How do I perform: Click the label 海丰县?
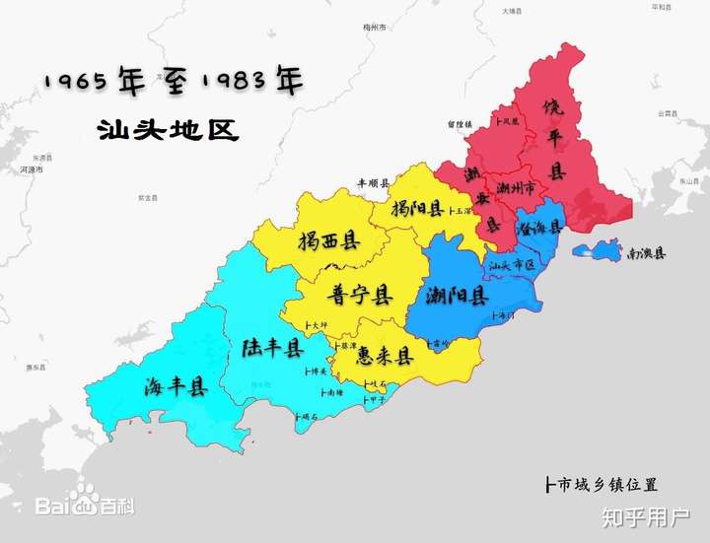click(177, 385)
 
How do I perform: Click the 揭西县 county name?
click(328, 239)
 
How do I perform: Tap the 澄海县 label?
click(538, 226)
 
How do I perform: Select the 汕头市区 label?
click(511, 264)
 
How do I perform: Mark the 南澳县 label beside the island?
click(646, 253)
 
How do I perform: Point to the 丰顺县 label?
click(374, 183)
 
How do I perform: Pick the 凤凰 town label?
click(510, 122)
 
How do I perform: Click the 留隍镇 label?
click(460, 124)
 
